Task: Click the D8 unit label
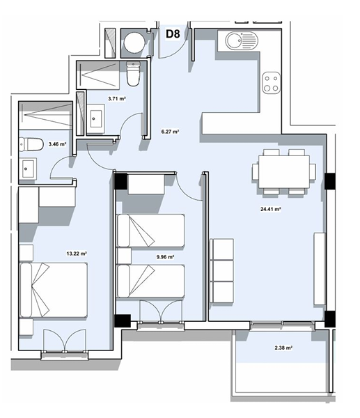click(x=173, y=34)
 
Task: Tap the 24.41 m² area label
click(x=270, y=209)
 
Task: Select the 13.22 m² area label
click(x=77, y=254)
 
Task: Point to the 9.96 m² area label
click(x=165, y=257)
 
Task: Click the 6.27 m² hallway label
click(x=170, y=132)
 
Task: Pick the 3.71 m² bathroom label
click(x=117, y=99)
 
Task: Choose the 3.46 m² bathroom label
click(x=57, y=144)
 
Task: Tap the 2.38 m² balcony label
click(x=283, y=348)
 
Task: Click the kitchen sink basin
click(x=234, y=41)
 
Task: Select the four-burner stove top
click(x=272, y=83)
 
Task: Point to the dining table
click(x=284, y=172)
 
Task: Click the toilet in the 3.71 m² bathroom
click(x=133, y=74)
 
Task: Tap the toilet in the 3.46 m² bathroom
click(x=31, y=144)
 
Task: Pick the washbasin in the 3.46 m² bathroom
click(x=27, y=168)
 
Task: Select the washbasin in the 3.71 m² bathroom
click(x=96, y=119)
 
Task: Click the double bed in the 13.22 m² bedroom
click(x=54, y=290)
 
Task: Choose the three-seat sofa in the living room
click(x=221, y=270)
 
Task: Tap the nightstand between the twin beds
click(x=124, y=256)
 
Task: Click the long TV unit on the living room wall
click(x=320, y=269)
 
